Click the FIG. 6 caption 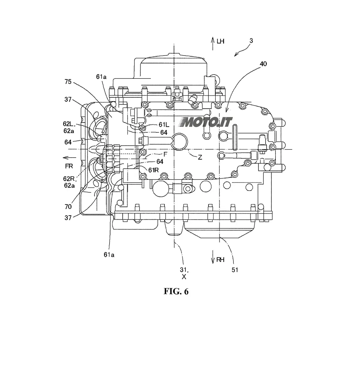point(176,291)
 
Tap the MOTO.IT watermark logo point(205,122)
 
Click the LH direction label point(220,41)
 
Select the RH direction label point(220,260)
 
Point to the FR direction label point(69,166)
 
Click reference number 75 point(68,82)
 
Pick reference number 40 point(263,64)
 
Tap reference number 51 point(235,270)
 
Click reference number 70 point(68,206)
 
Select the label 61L point(164,124)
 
